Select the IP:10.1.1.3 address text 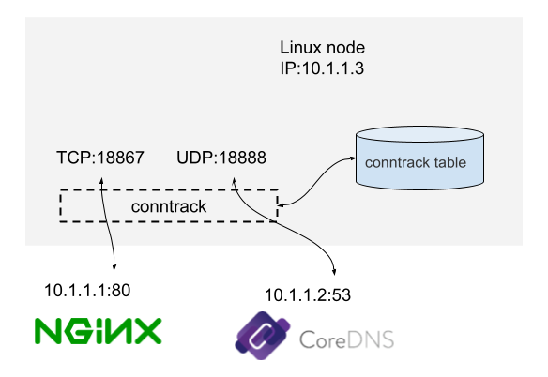323,68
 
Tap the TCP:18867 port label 100,158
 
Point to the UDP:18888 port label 221,158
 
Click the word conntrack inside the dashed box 169,205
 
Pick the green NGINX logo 99,331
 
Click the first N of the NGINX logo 49,331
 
